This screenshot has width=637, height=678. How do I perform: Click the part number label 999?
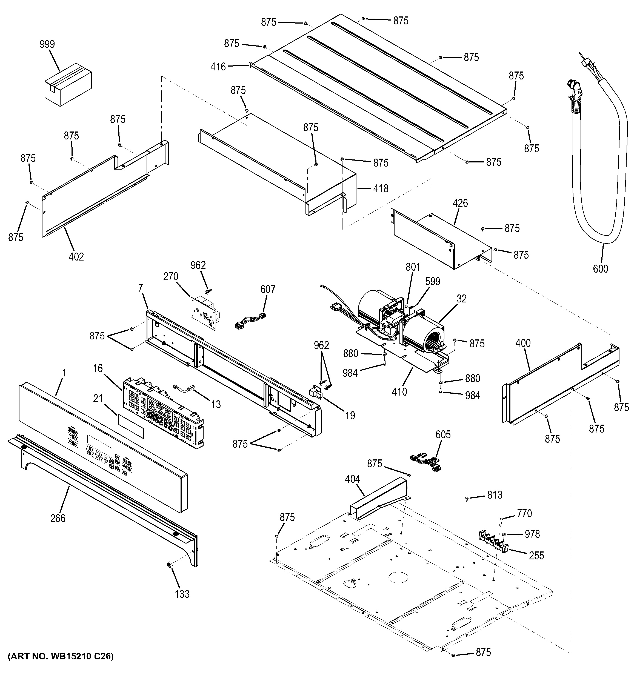click(x=47, y=44)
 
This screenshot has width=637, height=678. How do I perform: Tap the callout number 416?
click(x=218, y=67)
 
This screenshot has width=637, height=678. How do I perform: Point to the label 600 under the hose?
click(x=600, y=269)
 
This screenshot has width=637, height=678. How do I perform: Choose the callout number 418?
click(x=381, y=188)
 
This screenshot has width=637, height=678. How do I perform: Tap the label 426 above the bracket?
click(x=460, y=203)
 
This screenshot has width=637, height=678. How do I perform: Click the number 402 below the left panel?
click(x=76, y=256)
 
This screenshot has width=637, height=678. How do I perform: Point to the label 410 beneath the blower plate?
click(x=399, y=391)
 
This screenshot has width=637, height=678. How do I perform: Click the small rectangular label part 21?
click(x=131, y=426)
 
